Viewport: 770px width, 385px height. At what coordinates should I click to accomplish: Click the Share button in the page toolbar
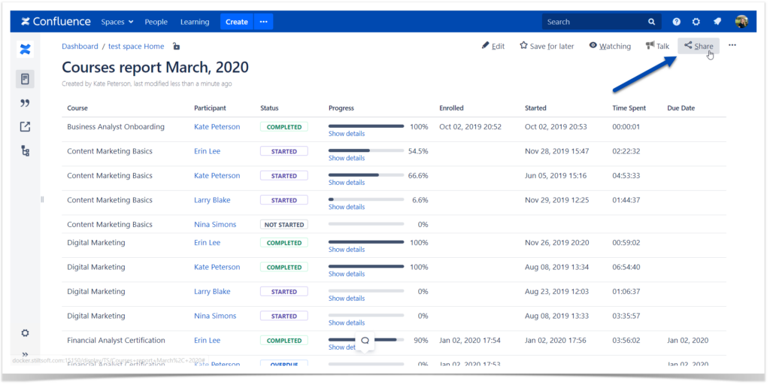coord(699,46)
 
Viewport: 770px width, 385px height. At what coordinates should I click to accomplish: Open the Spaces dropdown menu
coord(117,22)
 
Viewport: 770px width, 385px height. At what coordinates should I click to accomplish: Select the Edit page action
coord(493,46)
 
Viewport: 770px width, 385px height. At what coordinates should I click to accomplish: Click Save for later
coord(547,46)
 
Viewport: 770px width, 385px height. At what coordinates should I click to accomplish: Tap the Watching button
coord(610,46)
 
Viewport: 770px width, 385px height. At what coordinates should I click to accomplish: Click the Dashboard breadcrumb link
coord(80,46)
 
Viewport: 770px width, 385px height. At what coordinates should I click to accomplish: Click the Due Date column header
coord(681,108)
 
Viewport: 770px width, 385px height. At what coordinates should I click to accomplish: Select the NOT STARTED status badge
coord(283,225)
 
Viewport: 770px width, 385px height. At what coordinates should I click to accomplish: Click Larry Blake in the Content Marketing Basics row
coord(212,200)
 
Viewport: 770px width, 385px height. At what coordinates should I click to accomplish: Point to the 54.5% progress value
coord(417,151)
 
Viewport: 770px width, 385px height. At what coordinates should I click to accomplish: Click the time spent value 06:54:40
coord(626,267)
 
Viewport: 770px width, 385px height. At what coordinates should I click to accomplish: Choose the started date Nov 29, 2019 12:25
coord(556,200)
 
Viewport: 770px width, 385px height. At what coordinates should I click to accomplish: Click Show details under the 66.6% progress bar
coord(347,183)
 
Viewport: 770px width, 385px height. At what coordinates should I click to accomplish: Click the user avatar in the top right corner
coord(741,22)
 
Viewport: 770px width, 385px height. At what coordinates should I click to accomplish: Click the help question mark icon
coord(676,22)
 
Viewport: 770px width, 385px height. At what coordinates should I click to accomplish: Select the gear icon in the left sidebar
coord(25,333)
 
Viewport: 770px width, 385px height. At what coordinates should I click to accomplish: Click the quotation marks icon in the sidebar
coord(25,103)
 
